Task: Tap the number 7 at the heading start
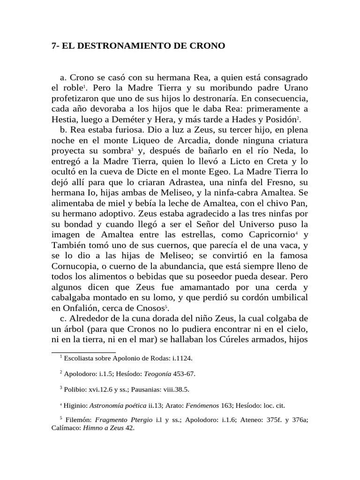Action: (x=53, y=46)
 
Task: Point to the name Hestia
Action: (x=63, y=120)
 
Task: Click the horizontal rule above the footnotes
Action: (x=83, y=352)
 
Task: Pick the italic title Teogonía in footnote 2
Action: (x=156, y=374)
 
